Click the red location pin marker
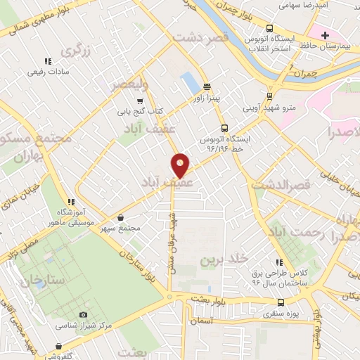pos(181,165)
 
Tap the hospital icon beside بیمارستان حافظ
pos(325,35)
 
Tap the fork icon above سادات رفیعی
pos(48,61)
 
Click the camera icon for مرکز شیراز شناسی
pos(84,314)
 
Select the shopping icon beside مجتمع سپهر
pos(123,218)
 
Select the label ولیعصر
pos(130,85)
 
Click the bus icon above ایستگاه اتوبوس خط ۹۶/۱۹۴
pos(224,129)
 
